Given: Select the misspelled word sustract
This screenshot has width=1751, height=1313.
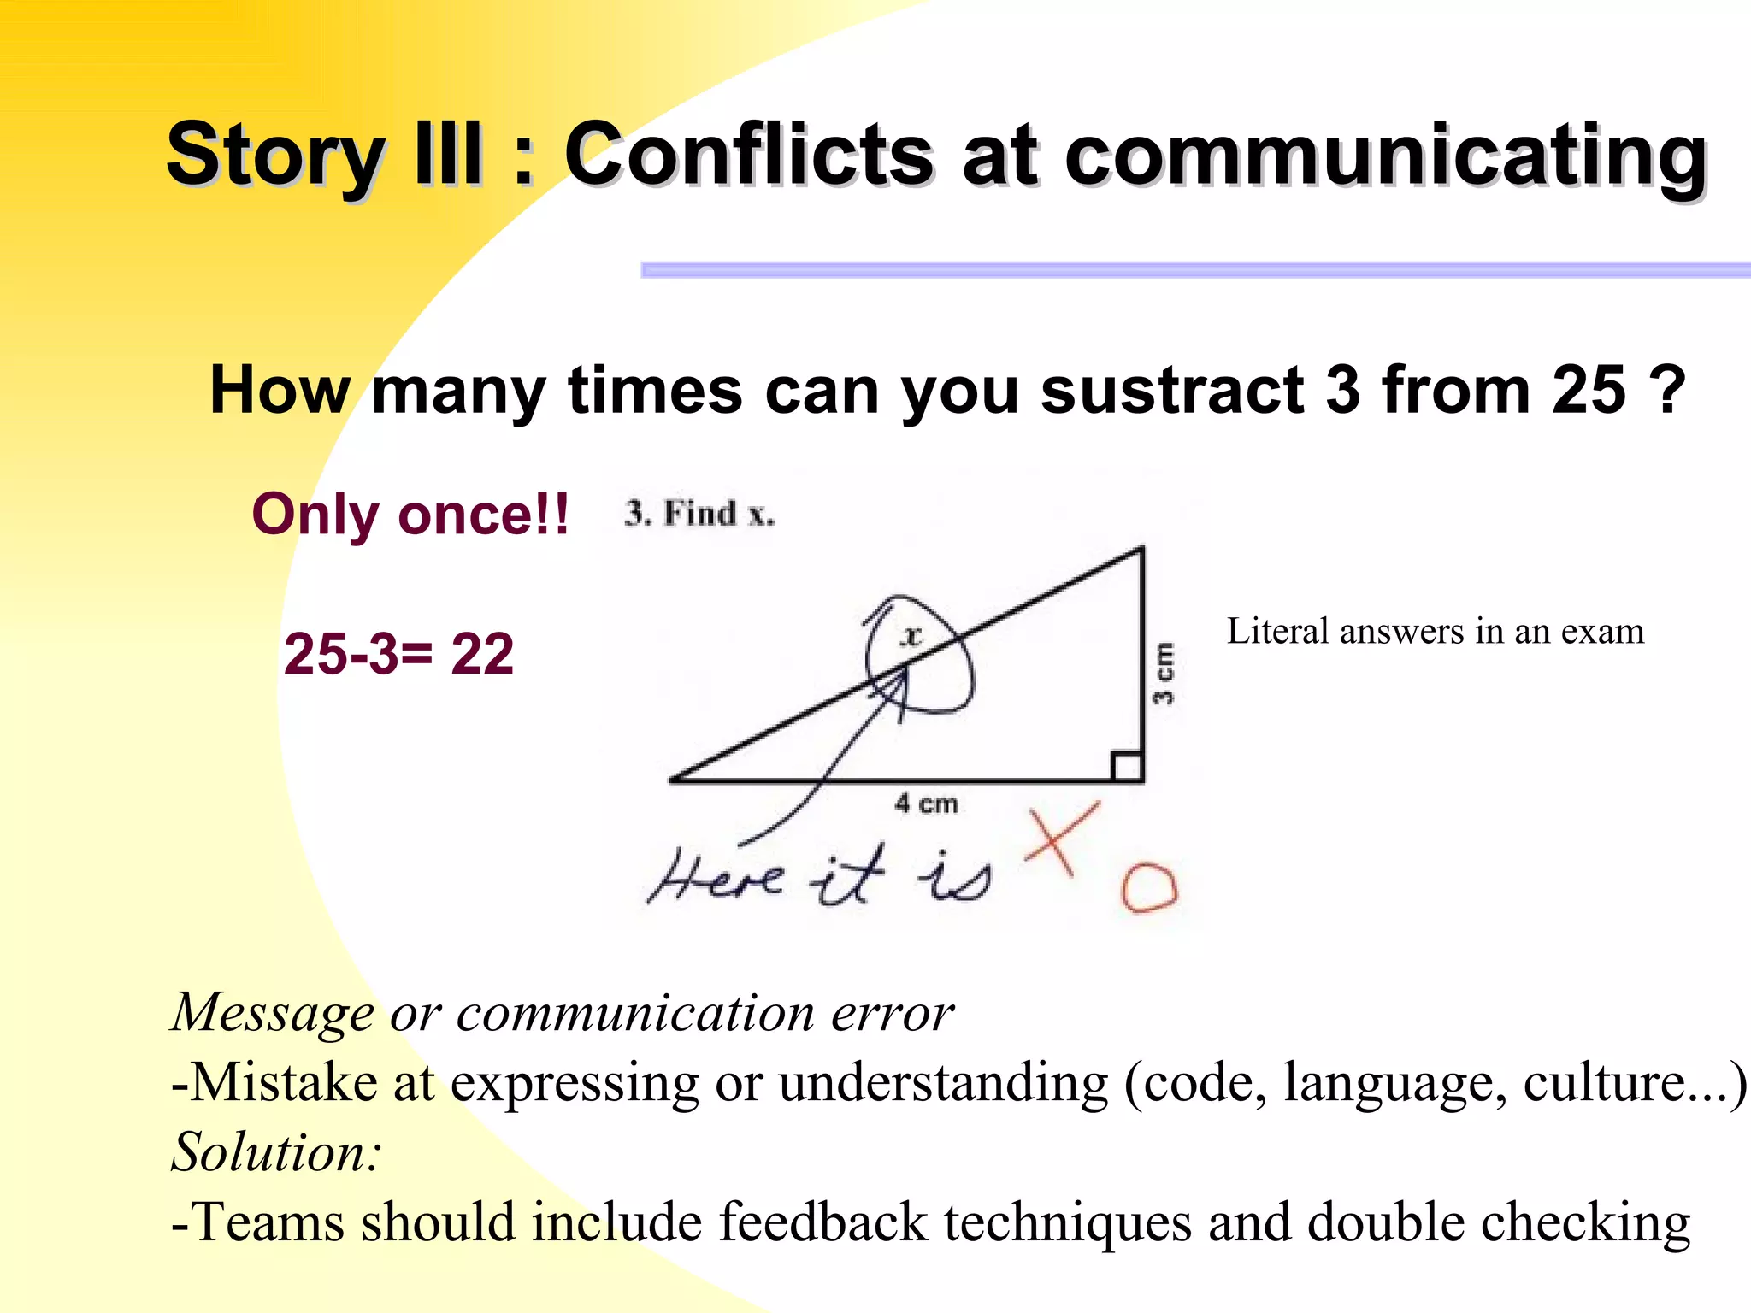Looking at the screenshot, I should tap(1172, 390).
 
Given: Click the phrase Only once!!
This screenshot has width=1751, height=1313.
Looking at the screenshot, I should tap(410, 515).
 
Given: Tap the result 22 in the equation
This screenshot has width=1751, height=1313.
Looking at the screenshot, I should tap(482, 654).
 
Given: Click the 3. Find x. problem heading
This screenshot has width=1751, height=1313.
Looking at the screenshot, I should tap(699, 514).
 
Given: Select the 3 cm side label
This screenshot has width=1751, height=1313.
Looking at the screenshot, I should tap(1164, 674).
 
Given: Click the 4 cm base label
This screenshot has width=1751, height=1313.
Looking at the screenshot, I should tap(927, 804).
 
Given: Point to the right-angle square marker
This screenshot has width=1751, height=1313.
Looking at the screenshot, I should tap(1127, 767).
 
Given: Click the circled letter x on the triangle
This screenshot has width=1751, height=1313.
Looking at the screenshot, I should tap(913, 636).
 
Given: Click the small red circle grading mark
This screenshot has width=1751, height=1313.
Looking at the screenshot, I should tap(1149, 888).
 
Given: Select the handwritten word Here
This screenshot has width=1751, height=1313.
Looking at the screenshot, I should tap(716, 877).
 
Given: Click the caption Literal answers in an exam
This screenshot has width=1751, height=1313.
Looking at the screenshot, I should tap(1436, 632).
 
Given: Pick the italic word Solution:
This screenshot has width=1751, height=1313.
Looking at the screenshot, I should tap(276, 1151).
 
